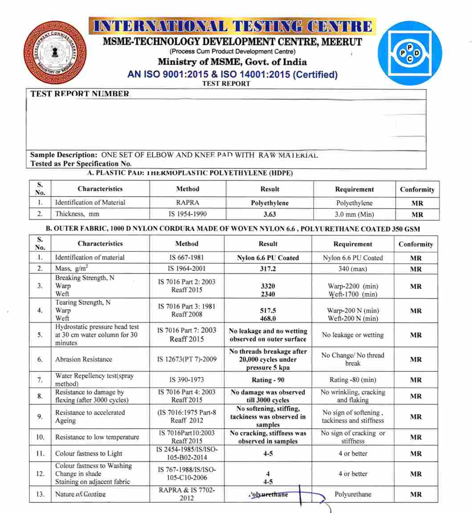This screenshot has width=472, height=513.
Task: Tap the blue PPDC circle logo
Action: (410, 53)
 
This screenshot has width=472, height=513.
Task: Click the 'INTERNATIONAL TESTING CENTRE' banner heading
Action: (232, 27)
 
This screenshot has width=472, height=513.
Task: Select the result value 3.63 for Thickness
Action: (270, 215)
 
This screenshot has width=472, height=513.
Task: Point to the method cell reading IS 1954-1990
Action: (187, 214)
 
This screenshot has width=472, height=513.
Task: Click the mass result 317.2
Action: (268, 269)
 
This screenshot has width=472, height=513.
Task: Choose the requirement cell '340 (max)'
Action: (352, 269)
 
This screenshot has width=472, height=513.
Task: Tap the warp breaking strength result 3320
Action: (268, 286)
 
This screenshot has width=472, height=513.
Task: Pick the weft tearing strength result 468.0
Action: (268, 319)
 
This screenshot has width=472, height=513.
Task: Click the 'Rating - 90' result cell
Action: (268, 380)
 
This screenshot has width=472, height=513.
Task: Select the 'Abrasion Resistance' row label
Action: (84, 359)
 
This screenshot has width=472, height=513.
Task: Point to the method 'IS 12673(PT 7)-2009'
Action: (187, 359)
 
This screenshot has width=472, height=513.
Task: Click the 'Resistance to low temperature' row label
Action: (97, 437)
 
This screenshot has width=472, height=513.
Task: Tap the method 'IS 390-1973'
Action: (187, 380)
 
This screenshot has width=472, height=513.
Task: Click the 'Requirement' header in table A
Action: (354, 189)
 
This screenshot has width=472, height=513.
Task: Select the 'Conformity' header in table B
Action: (415, 244)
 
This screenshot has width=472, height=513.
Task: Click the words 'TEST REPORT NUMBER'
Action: (80, 94)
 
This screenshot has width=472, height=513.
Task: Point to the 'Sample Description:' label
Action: (64, 155)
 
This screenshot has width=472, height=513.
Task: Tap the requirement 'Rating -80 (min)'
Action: (352, 380)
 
